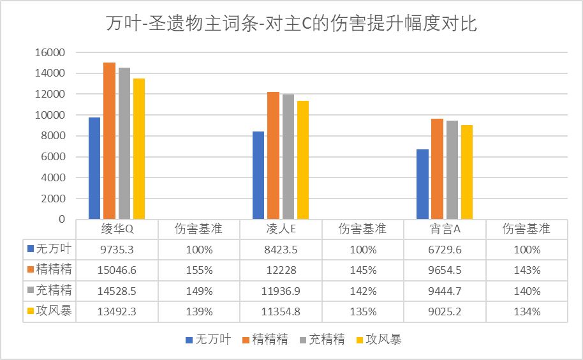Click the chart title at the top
[291, 24]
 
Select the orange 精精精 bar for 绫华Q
[110, 140]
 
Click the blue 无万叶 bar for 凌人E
[258, 175]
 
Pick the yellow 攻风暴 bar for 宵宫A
[467, 172]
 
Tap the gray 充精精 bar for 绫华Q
[124, 143]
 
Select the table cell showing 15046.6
[117, 270]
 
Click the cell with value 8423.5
[281, 249]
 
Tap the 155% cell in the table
[198, 270]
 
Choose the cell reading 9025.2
[445, 312]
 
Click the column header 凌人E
[281, 229]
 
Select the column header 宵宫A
[445, 229]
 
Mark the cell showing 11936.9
[281, 291]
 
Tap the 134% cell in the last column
[527, 312]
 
